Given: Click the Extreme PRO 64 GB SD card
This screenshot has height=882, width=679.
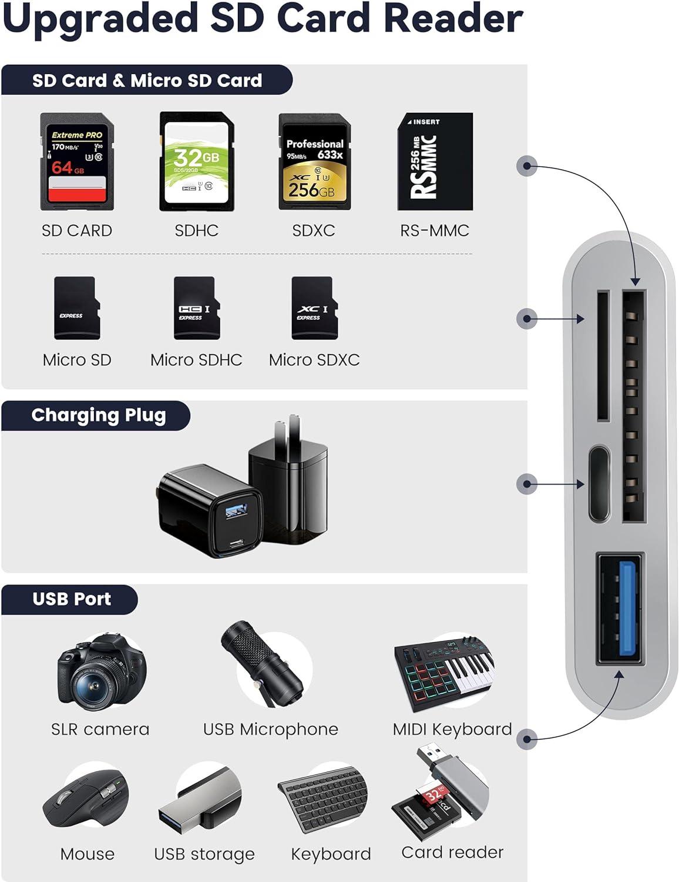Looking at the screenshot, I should click(x=76, y=162).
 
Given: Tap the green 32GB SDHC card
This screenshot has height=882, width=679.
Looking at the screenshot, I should click(x=196, y=162).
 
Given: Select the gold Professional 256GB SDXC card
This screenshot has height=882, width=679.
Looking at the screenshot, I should click(x=314, y=162).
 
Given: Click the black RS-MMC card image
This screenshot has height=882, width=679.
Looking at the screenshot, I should click(x=435, y=162).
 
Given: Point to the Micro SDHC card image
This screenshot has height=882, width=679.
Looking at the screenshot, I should click(x=196, y=308).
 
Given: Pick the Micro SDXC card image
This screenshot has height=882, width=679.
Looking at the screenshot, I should click(x=314, y=308).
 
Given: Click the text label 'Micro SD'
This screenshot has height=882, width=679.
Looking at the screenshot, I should click(x=77, y=360).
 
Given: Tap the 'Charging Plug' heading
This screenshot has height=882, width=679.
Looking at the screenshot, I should click(x=99, y=416).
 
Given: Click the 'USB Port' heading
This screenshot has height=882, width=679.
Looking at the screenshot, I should click(x=72, y=599).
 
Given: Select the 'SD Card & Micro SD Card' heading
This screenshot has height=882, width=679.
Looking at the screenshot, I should click(x=147, y=81).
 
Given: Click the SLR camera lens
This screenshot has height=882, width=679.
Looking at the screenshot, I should click(x=94, y=683).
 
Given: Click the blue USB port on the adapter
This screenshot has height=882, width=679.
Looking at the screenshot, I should click(x=628, y=609).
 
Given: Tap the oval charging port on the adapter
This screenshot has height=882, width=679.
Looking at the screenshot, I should click(x=599, y=484).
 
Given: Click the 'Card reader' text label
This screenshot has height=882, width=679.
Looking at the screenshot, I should click(x=452, y=853).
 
